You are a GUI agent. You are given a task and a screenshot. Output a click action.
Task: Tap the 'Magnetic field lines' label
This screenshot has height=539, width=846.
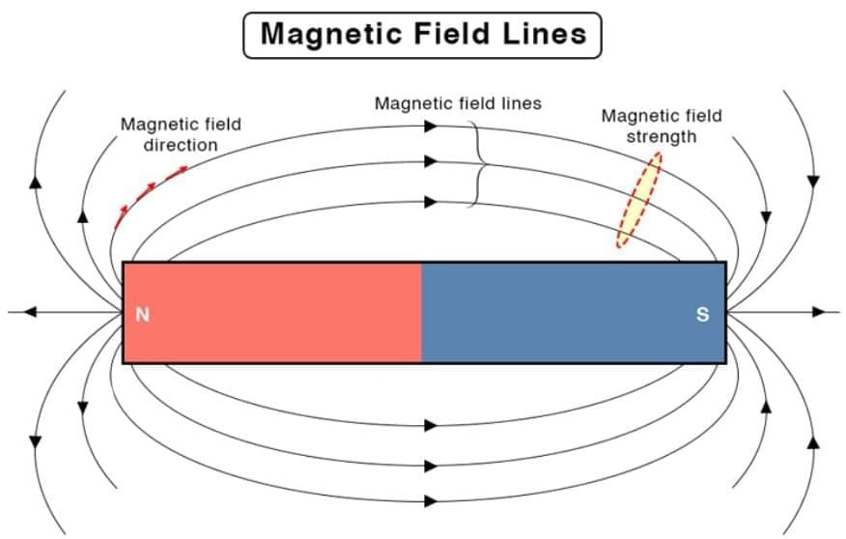tap(458, 102)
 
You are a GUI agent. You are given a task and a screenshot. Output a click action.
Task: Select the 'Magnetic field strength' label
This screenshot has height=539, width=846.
tap(661, 126)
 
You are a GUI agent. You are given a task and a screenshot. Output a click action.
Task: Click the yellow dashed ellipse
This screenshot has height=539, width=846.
tap(639, 200)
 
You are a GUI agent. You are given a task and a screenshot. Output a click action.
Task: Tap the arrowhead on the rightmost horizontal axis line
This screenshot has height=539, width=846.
tap(819, 312)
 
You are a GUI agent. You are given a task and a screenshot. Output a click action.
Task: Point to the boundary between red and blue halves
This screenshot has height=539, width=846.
tap(421, 312)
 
